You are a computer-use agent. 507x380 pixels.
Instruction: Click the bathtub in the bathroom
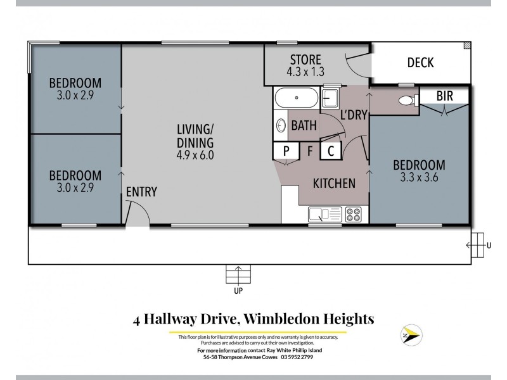point(297,99)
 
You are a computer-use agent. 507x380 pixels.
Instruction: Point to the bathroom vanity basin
point(280,125)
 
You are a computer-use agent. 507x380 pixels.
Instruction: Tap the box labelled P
point(286,151)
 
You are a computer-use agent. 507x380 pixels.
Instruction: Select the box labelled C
point(331,151)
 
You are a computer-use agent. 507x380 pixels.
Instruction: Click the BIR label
point(449,96)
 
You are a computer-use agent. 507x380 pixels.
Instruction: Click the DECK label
point(420,62)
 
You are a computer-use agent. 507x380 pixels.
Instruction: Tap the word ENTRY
point(141,192)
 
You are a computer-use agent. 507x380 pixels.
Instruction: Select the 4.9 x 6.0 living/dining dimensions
point(195,154)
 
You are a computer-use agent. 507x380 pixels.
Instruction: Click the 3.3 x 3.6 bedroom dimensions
point(419,177)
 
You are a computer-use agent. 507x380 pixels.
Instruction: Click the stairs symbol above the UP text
point(238,275)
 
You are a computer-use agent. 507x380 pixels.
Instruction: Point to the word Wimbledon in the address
point(285,318)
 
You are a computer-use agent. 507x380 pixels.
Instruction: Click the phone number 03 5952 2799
point(295,357)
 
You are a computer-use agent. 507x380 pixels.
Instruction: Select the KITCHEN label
point(334,183)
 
